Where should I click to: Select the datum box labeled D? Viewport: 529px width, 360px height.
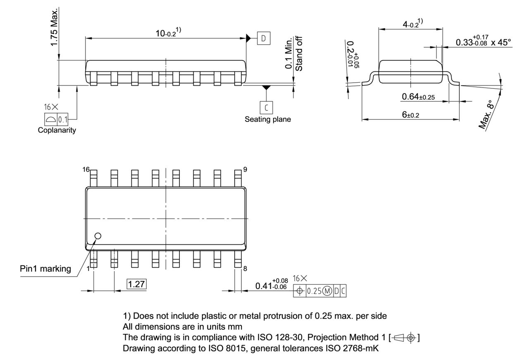tap(263, 38)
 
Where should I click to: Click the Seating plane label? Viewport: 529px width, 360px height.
tap(267, 119)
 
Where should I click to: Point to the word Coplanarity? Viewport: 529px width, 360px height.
tap(57, 131)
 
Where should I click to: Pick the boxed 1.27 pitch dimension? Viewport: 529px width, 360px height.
tap(136, 284)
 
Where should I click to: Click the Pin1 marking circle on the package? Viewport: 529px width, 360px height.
tap(98, 236)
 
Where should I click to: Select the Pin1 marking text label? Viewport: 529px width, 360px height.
tap(45, 269)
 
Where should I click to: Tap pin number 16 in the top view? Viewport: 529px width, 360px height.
tap(86, 169)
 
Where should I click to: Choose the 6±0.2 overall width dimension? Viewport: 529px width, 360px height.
tap(410, 114)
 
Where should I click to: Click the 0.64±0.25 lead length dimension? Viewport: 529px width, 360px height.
tap(419, 97)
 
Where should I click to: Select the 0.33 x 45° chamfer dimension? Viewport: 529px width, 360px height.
tap(483, 42)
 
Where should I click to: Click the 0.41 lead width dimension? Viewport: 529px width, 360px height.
tap(273, 286)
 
